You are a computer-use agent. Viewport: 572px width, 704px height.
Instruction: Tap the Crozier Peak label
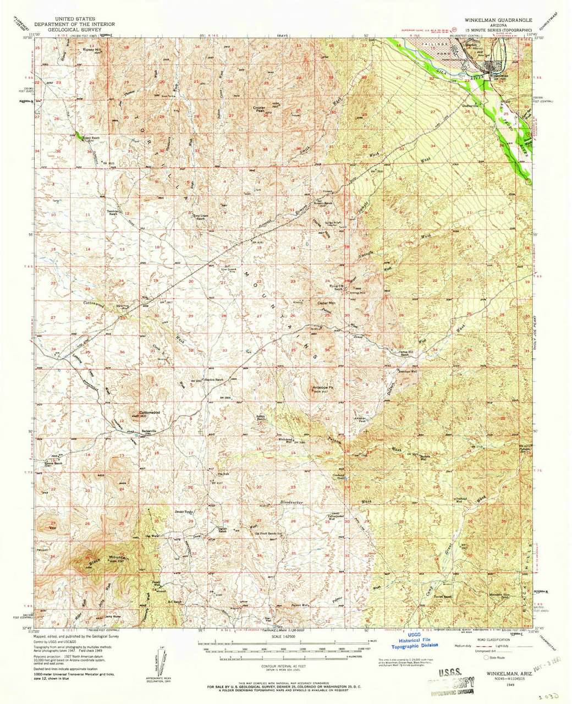pyautogui.click(x=260, y=109)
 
